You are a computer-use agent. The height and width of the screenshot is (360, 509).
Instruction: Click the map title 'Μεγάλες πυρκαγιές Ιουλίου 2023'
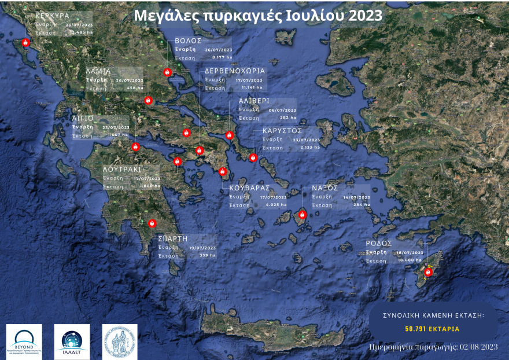(257, 16)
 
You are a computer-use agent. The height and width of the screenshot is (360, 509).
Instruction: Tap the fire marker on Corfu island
(25, 43)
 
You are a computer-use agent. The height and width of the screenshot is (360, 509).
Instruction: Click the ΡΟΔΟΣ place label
(379, 243)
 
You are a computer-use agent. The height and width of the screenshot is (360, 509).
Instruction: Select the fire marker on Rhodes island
(429, 271)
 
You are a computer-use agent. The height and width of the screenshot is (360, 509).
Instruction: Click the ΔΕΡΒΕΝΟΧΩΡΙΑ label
(235, 71)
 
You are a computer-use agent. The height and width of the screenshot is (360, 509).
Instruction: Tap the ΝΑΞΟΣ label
(325, 188)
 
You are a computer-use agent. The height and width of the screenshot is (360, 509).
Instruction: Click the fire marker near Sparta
(153, 223)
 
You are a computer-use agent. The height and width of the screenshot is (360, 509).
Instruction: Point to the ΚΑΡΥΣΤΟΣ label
(282, 131)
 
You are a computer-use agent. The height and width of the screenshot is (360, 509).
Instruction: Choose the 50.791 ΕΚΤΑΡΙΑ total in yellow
(433, 329)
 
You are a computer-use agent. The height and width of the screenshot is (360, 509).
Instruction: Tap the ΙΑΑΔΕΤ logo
(72, 341)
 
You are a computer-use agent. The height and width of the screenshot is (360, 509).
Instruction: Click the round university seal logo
(120, 341)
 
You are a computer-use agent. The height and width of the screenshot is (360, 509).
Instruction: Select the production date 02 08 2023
(478, 347)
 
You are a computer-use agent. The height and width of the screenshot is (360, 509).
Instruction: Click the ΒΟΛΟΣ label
(188, 41)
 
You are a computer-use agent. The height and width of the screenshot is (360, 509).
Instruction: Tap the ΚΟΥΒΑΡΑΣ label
(250, 188)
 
